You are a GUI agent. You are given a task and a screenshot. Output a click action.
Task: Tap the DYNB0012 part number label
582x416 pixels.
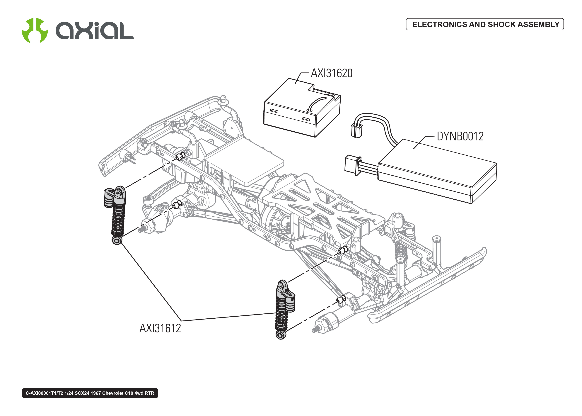tap(460, 136)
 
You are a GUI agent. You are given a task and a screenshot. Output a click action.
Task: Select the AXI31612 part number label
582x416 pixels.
tap(160, 328)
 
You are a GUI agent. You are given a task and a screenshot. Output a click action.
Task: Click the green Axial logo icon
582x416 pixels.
tap(35, 30)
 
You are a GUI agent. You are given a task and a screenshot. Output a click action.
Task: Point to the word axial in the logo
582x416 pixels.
tap(95, 31)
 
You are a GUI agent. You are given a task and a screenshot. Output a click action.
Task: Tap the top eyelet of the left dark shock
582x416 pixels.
tap(120, 191)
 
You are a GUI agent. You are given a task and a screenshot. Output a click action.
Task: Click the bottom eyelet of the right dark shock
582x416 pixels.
tap(281, 335)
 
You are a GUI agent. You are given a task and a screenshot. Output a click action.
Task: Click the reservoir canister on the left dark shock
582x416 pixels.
tap(108, 198)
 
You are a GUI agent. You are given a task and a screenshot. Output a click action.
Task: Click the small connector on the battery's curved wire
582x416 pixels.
tap(357, 131)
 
